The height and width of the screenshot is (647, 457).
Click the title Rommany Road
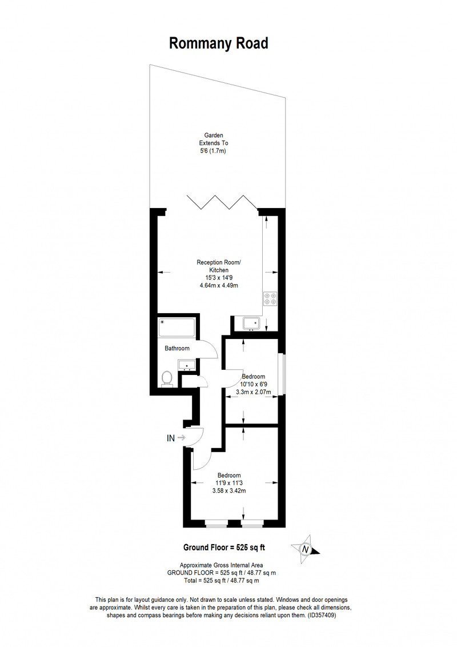tap(219, 43)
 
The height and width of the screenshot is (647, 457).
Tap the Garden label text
tap(214, 135)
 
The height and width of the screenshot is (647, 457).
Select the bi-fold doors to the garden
tap(223, 202)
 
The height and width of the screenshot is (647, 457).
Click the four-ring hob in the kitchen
tap(271, 298)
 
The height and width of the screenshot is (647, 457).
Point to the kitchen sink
tap(251, 323)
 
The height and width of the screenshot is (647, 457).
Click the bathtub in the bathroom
tap(177, 328)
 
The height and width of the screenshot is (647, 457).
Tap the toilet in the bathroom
tap(167, 378)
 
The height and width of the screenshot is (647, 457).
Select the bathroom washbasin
tap(187, 365)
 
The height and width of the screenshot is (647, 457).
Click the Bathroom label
tap(177, 348)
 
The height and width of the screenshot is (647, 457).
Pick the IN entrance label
tap(171, 438)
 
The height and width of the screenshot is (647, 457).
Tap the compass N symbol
tap(305, 550)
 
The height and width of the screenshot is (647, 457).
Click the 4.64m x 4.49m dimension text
tap(219, 286)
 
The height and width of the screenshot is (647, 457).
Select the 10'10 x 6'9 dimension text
tap(254, 384)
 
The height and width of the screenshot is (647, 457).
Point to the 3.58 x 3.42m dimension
tap(229, 490)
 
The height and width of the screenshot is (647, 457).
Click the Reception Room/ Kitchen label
tap(219, 266)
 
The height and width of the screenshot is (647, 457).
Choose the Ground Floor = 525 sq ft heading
tap(224, 548)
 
